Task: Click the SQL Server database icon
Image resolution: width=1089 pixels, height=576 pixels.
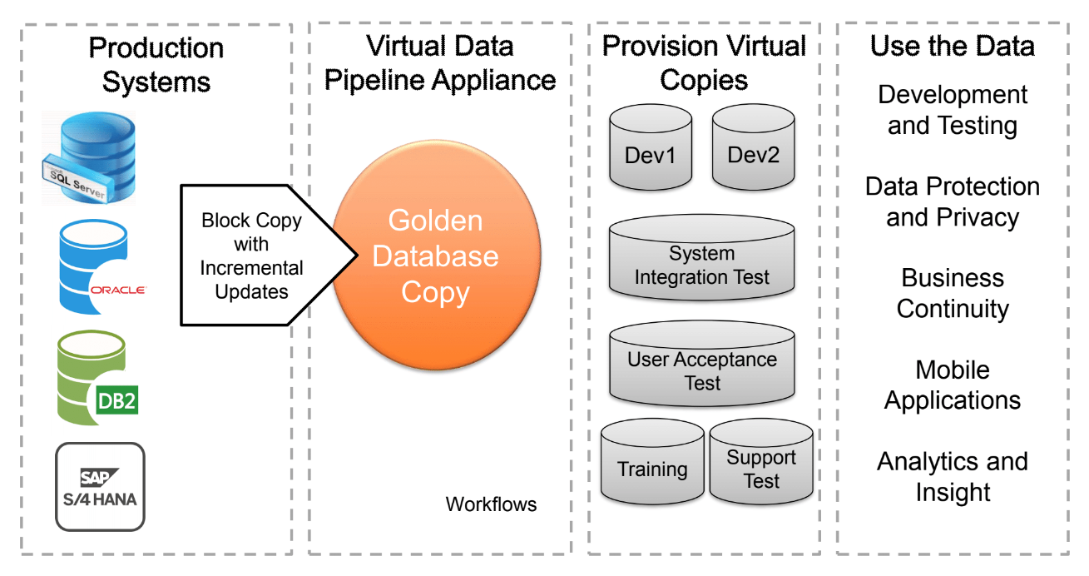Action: pyautogui.click(x=89, y=158)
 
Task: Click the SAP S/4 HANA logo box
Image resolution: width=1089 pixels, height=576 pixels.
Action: pyautogui.click(x=100, y=487)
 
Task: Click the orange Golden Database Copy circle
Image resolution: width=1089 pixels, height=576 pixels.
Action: pyautogui.click(x=435, y=256)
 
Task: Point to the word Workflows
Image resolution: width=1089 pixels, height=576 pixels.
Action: pyautogui.click(x=491, y=504)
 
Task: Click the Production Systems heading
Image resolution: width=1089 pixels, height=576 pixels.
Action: pyautogui.click(x=156, y=65)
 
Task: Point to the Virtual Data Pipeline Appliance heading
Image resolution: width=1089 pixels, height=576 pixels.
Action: pyautogui.click(x=440, y=62)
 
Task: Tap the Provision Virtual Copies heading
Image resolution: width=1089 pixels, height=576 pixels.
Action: pyautogui.click(x=704, y=62)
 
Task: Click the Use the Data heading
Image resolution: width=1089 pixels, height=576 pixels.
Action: pyautogui.click(x=953, y=46)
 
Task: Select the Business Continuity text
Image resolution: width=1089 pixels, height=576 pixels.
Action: pyautogui.click(x=953, y=293)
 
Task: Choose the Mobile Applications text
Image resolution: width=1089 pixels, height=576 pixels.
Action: pyautogui.click(x=953, y=385)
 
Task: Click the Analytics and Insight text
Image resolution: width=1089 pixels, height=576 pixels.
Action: pyautogui.click(x=953, y=476)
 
